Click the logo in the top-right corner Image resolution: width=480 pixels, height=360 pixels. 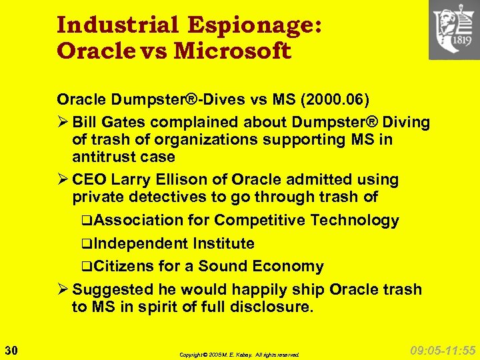(453, 30)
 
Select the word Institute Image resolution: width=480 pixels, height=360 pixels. (223, 244)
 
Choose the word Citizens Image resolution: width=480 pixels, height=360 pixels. (125, 267)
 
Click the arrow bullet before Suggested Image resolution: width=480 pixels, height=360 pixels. (63, 290)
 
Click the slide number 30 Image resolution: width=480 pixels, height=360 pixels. (11, 349)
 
